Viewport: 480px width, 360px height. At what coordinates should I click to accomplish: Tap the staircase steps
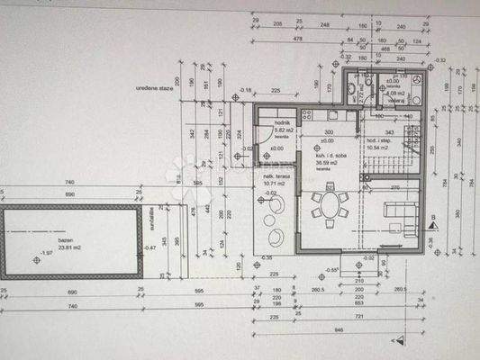pos(393,166)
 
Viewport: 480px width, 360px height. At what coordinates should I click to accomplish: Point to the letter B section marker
pos(433,218)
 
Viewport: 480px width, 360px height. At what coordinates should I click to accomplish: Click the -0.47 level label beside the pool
pos(150,248)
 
